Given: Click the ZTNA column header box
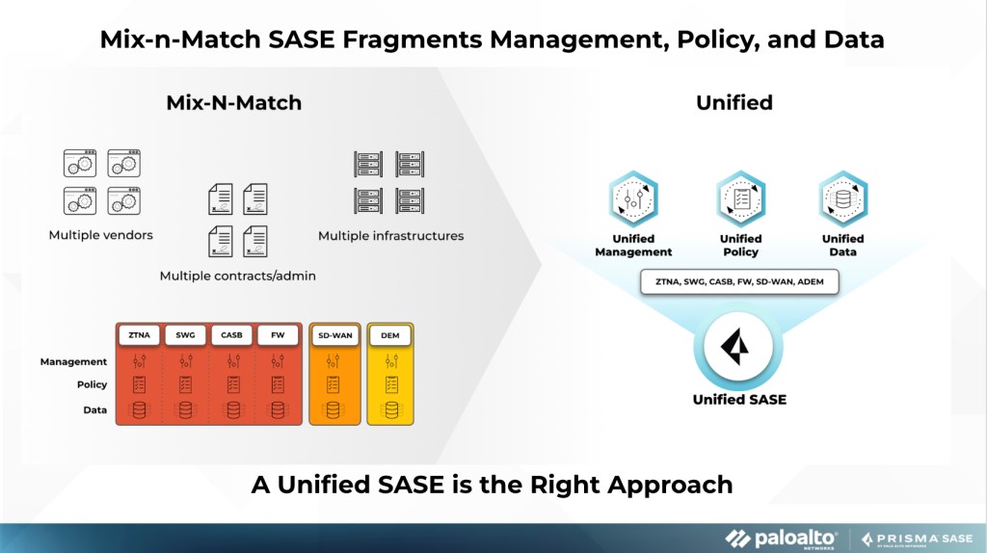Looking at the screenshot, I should pyautogui.click(x=139, y=335).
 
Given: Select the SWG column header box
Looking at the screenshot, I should pyautogui.click(x=185, y=335).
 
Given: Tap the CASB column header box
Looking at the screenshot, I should pyautogui.click(x=231, y=335).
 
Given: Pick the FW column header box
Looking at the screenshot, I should pyautogui.click(x=278, y=335).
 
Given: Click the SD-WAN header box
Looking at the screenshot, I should pyautogui.click(x=333, y=335).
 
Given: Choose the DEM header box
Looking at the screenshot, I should pyautogui.click(x=390, y=335).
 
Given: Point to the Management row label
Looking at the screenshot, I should pyautogui.click(x=73, y=362).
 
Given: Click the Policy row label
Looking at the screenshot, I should pyautogui.click(x=92, y=385).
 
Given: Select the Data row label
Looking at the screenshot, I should pyautogui.click(x=94, y=410).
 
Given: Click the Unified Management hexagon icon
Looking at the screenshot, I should pyautogui.click(x=633, y=199).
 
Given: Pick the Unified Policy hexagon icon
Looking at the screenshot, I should pyautogui.click(x=740, y=199).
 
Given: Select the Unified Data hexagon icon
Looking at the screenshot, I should pyautogui.click(x=842, y=199).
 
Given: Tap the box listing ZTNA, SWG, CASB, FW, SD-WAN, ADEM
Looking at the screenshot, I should pyautogui.click(x=739, y=281).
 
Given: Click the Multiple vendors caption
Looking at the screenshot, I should pyautogui.click(x=101, y=235).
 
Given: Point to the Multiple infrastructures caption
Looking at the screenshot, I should pyautogui.click(x=390, y=235).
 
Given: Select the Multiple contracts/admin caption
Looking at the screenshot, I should pyautogui.click(x=238, y=276).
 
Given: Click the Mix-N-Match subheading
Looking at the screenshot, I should pyautogui.click(x=233, y=103).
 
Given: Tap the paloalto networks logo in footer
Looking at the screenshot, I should pyautogui.click(x=781, y=539).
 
